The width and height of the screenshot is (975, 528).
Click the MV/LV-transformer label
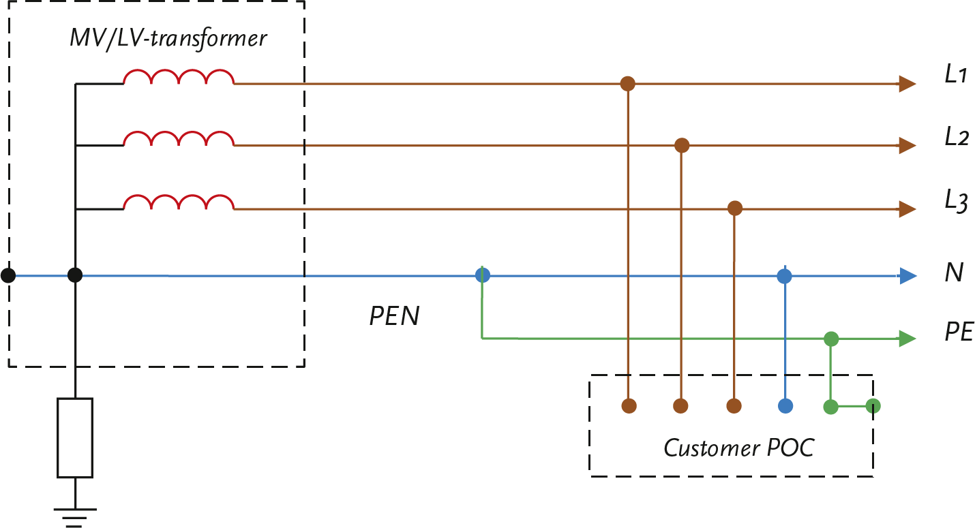click(168, 38)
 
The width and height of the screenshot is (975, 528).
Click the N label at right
click(954, 273)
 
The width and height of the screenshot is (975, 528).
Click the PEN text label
click(394, 316)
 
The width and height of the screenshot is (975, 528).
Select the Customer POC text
click(738, 448)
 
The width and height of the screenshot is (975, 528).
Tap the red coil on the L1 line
click(179, 77)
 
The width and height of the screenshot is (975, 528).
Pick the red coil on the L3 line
click(179, 202)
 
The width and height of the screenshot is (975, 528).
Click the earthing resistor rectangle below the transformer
click(75, 437)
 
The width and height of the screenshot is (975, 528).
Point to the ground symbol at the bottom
click(75, 516)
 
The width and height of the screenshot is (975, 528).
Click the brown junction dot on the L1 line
click(627, 84)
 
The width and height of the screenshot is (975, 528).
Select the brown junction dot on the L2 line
click(681, 145)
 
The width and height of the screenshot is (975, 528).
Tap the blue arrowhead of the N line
click(907, 276)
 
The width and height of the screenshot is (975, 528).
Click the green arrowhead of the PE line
click(907, 339)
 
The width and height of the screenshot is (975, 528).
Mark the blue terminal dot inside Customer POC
click(785, 406)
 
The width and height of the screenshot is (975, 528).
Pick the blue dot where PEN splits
click(482, 276)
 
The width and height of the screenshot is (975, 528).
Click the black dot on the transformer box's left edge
click(8, 276)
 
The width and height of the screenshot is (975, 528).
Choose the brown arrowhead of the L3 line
click(907, 208)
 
